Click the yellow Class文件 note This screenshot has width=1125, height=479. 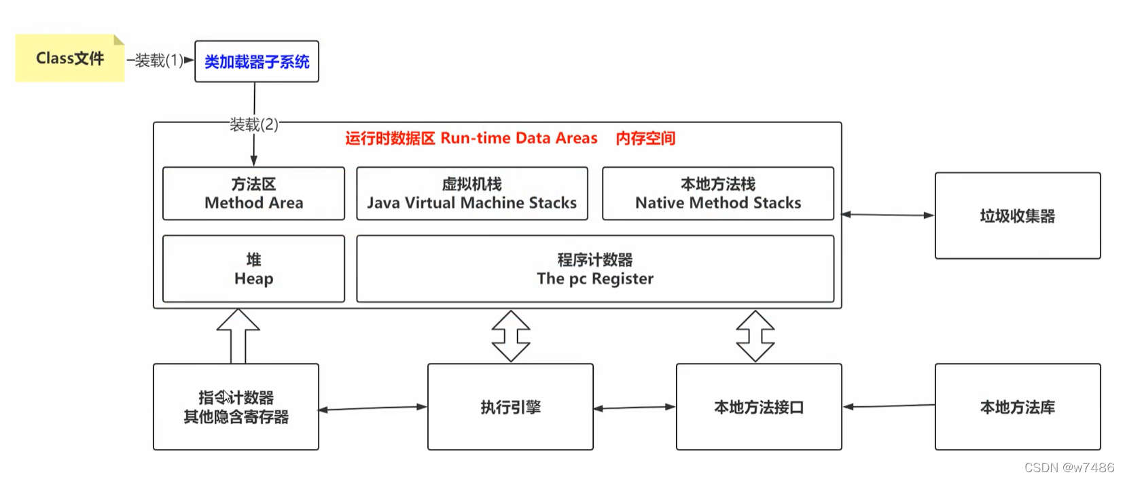70,58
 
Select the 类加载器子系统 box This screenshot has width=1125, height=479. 256,62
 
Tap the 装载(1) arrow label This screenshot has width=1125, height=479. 159,60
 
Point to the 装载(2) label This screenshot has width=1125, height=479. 253,124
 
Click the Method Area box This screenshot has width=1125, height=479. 253,194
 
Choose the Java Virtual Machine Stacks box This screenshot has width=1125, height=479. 471,194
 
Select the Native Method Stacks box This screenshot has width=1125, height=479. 717,194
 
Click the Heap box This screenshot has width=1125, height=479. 253,269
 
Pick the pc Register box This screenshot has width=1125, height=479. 594,269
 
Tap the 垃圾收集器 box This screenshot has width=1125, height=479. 1017,216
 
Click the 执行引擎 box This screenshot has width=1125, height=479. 510,407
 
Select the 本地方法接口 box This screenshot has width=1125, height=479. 759,407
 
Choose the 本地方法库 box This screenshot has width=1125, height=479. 1017,407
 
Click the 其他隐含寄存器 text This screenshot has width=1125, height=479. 236,417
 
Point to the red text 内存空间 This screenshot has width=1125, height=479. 645,139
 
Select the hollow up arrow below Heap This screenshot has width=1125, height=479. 238,336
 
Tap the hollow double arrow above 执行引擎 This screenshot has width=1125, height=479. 511,336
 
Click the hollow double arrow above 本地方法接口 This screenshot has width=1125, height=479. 755,336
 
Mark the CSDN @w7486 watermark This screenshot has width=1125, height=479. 1069,467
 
